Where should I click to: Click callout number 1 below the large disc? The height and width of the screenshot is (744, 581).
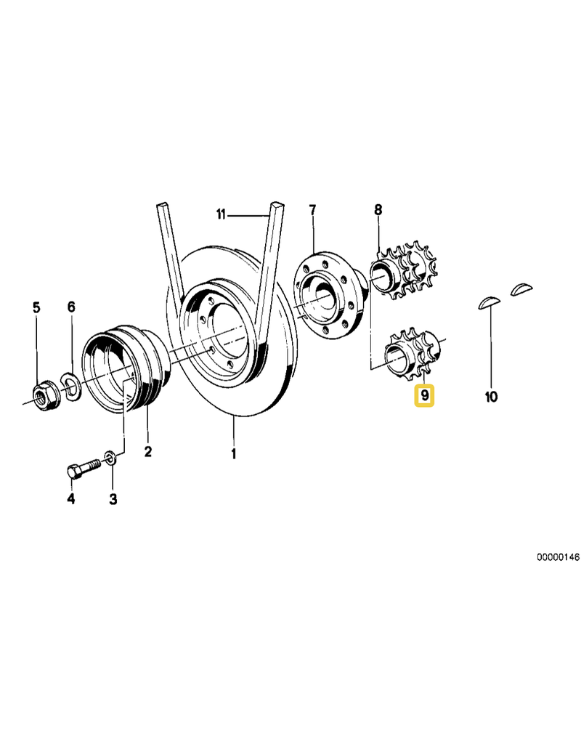click(233, 454)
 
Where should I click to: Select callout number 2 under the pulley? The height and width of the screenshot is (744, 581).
click(148, 451)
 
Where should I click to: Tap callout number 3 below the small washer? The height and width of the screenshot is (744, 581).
click(113, 498)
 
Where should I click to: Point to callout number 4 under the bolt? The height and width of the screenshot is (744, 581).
click(71, 498)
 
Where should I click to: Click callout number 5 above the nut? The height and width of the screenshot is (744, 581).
click(36, 307)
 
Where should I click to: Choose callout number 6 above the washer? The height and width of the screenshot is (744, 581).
click(71, 307)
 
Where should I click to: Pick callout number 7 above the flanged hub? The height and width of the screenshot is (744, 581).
click(312, 210)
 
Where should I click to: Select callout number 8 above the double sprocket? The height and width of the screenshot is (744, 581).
click(378, 209)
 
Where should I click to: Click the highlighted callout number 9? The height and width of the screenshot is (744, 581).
click(424, 395)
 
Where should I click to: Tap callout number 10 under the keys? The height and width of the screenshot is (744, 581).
click(491, 396)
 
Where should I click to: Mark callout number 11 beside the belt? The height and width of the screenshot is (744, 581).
click(221, 214)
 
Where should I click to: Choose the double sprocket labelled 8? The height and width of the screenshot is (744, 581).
click(404, 273)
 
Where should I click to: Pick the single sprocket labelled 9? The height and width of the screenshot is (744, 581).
click(413, 352)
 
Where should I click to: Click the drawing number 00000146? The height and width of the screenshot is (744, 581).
click(558, 557)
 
